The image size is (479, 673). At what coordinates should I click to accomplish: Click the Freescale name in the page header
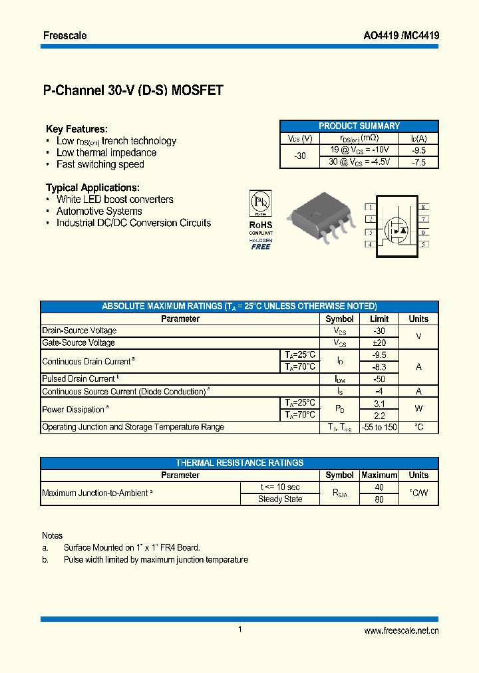[x=65, y=35]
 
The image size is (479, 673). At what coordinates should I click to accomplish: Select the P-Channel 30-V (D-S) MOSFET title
[x=133, y=91]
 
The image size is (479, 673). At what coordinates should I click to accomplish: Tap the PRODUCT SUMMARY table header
[x=359, y=126]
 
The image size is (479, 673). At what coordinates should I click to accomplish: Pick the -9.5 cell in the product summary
[x=418, y=150]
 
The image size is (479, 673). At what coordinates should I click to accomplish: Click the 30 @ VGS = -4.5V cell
[x=359, y=162]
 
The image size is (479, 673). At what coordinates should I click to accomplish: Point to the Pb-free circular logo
[x=260, y=202]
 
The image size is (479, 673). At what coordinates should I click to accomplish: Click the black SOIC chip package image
[x=319, y=217]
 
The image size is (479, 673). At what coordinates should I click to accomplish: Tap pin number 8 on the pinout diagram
[x=423, y=207]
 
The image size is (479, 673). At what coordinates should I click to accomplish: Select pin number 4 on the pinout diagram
[x=369, y=244]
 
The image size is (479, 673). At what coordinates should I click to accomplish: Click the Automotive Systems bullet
[x=99, y=211]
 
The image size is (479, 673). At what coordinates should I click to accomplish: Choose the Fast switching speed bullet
[x=100, y=164]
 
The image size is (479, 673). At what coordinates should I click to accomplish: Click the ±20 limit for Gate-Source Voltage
[x=379, y=342]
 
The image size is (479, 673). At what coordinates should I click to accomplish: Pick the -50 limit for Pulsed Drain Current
[x=379, y=379]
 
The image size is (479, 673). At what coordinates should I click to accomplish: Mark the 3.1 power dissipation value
[x=379, y=403]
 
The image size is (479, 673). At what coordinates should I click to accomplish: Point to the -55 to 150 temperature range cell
[x=379, y=427]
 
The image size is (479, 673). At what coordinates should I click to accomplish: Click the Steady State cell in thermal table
[x=280, y=499]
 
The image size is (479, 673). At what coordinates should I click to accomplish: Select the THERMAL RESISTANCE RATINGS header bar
[x=239, y=463]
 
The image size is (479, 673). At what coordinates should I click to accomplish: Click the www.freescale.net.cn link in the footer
[x=402, y=631]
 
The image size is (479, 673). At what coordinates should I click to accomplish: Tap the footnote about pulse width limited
[x=156, y=560]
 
